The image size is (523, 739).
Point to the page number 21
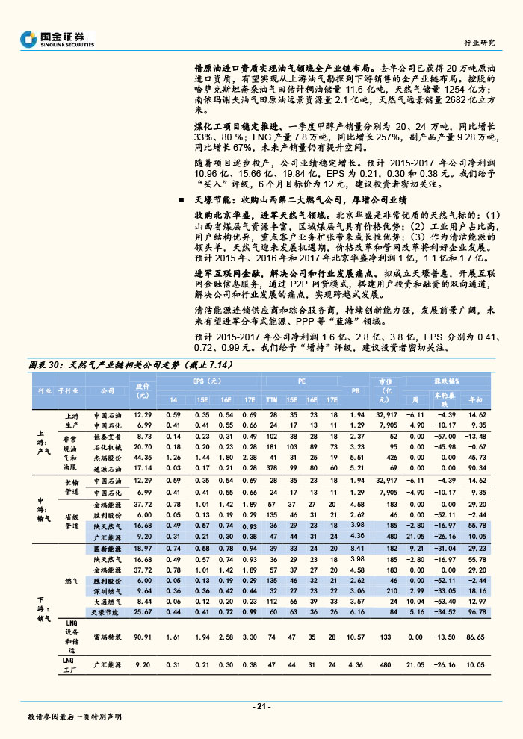pos(261,705)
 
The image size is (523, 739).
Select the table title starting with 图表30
pos(131,365)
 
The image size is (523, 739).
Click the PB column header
pos(356,390)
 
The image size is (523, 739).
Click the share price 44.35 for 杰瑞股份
pos(143,457)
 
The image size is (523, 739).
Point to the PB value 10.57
pos(356,637)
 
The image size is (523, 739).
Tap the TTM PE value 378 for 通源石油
pos(272,467)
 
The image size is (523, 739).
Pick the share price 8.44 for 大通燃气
pos(143,601)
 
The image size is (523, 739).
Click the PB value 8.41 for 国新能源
pos(356,549)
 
